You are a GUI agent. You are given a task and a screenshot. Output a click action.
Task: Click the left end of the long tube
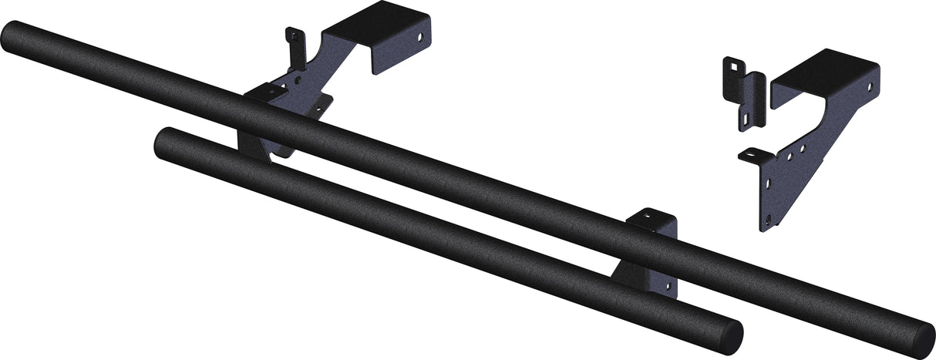(x=14, y=37)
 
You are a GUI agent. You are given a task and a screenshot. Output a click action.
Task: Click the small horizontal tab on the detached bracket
(x=753, y=156)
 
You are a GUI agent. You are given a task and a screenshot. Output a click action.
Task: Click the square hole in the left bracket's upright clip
(x=292, y=35)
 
